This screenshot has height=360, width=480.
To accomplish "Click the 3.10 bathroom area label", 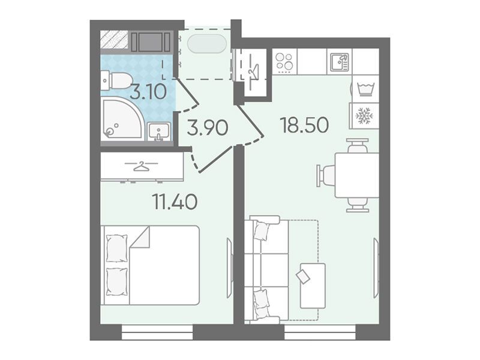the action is point(148,92).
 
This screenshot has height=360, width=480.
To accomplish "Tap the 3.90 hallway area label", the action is point(208,128).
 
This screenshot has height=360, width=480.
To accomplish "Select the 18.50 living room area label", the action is point(305,125).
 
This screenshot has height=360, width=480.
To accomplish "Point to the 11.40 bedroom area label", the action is point(175,202).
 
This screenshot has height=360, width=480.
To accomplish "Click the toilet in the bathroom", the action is point(116,80).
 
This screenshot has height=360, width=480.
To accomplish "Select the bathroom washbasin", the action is point(159,131).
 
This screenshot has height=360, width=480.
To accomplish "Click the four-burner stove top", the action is point(284,62).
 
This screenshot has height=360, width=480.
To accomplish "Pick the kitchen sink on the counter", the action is point(339,62).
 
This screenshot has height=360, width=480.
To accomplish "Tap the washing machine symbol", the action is point(364,89).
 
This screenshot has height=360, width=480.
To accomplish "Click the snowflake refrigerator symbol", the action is point(364,115).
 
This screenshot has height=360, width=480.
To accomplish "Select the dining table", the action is point(357,175).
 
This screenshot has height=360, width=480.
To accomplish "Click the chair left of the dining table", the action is point(325,175).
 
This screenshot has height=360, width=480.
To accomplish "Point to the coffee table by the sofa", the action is point(313,286).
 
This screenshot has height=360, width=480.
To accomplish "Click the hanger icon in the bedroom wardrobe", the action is point(141,166).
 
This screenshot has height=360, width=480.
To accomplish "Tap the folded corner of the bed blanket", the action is point(140,238).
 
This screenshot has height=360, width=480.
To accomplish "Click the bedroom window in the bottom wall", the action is point(157,332).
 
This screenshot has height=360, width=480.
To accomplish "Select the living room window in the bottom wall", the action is point(320,332).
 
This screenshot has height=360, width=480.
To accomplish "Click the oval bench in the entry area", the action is point(207,44).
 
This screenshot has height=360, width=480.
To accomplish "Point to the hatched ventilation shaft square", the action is point(115,40).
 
